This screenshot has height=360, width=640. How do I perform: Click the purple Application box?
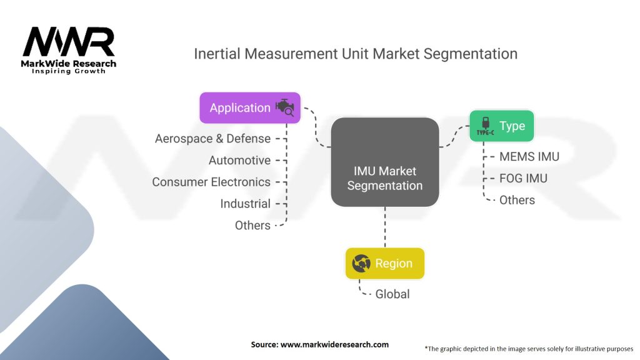pyautogui.click(x=249, y=107)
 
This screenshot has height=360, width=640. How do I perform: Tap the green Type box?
pyautogui.click(x=502, y=126)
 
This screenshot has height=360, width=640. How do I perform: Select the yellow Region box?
pyautogui.click(x=384, y=263)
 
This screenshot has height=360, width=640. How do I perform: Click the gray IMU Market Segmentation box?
pyautogui.click(x=384, y=161)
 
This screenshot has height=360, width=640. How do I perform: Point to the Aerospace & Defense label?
pyautogui.click(x=212, y=139)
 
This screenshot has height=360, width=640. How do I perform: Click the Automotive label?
pyautogui.click(x=239, y=161)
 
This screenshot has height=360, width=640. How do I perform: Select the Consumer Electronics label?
pyautogui.click(x=211, y=182)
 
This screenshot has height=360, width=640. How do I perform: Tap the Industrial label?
pyautogui.click(x=245, y=204)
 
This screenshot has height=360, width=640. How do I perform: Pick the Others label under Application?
pyautogui.click(x=252, y=225)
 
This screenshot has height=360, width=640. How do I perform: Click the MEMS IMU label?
pyautogui.click(x=529, y=156)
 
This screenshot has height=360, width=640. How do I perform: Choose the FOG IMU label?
pyautogui.click(x=523, y=178)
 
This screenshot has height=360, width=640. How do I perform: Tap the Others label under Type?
pyautogui.click(x=517, y=200)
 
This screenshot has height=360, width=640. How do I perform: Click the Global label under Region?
pyautogui.click(x=392, y=294)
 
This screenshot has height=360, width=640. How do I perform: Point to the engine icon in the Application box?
pyautogui.click(x=284, y=107)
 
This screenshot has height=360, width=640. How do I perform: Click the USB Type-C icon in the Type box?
pyautogui.click(x=485, y=126)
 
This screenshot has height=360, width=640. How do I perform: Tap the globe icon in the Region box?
pyautogui.click(x=361, y=264)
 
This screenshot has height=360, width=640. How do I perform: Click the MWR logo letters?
pyautogui.click(x=69, y=43)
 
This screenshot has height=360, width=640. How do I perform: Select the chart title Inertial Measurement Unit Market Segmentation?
pyautogui.click(x=355, y=54)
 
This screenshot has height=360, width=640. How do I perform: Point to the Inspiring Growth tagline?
pyautogui.click(x=69, y=71)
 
